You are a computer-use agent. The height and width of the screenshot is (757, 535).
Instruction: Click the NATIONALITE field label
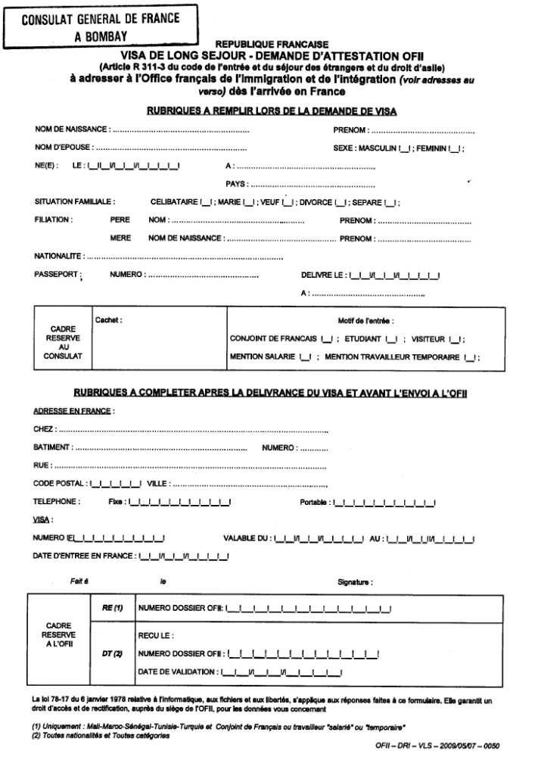[59, 256]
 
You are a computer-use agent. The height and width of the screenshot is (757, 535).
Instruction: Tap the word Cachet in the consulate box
[110, 320]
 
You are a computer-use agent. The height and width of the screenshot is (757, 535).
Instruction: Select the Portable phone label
[314, 502]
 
